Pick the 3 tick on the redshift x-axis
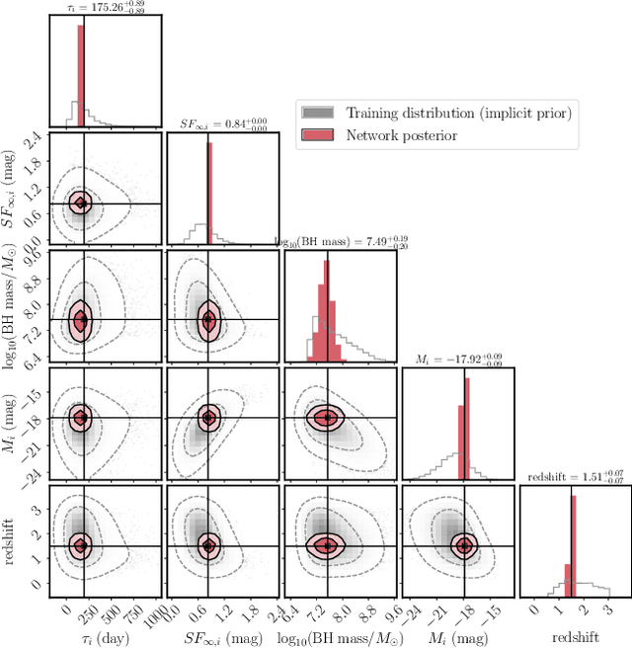606,610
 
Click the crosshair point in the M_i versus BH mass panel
326,417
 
